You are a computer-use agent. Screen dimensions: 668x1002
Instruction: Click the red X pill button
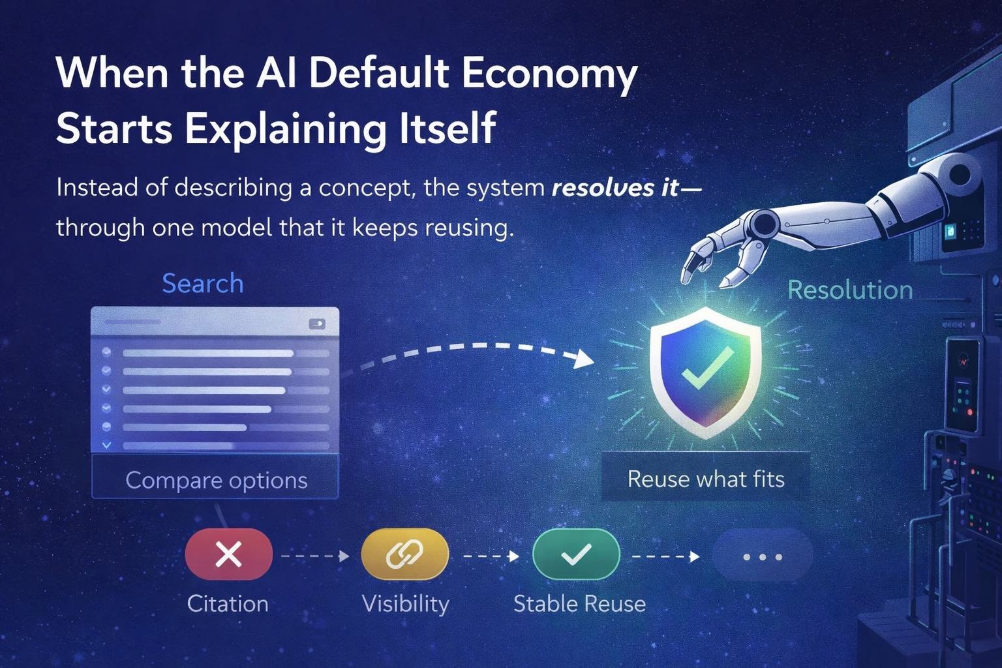click(228, 555)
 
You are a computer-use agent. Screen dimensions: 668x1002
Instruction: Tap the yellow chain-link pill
click(404, 555)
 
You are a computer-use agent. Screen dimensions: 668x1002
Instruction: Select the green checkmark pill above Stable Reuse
click(576, 555)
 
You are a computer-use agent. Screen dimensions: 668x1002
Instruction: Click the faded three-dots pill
click(762, 557)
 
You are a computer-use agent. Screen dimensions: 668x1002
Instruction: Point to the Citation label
click(228, 603)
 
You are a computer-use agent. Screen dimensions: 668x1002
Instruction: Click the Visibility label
click(405, 603)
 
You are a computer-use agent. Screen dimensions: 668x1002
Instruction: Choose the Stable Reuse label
click(579, 603)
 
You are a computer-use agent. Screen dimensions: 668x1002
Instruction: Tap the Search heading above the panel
click(202, 284)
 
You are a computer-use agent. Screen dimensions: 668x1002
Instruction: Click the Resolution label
click(850, 290)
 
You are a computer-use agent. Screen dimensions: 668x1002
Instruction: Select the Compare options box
click(216, 479)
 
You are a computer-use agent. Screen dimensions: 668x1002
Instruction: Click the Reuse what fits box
click(706, 479)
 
